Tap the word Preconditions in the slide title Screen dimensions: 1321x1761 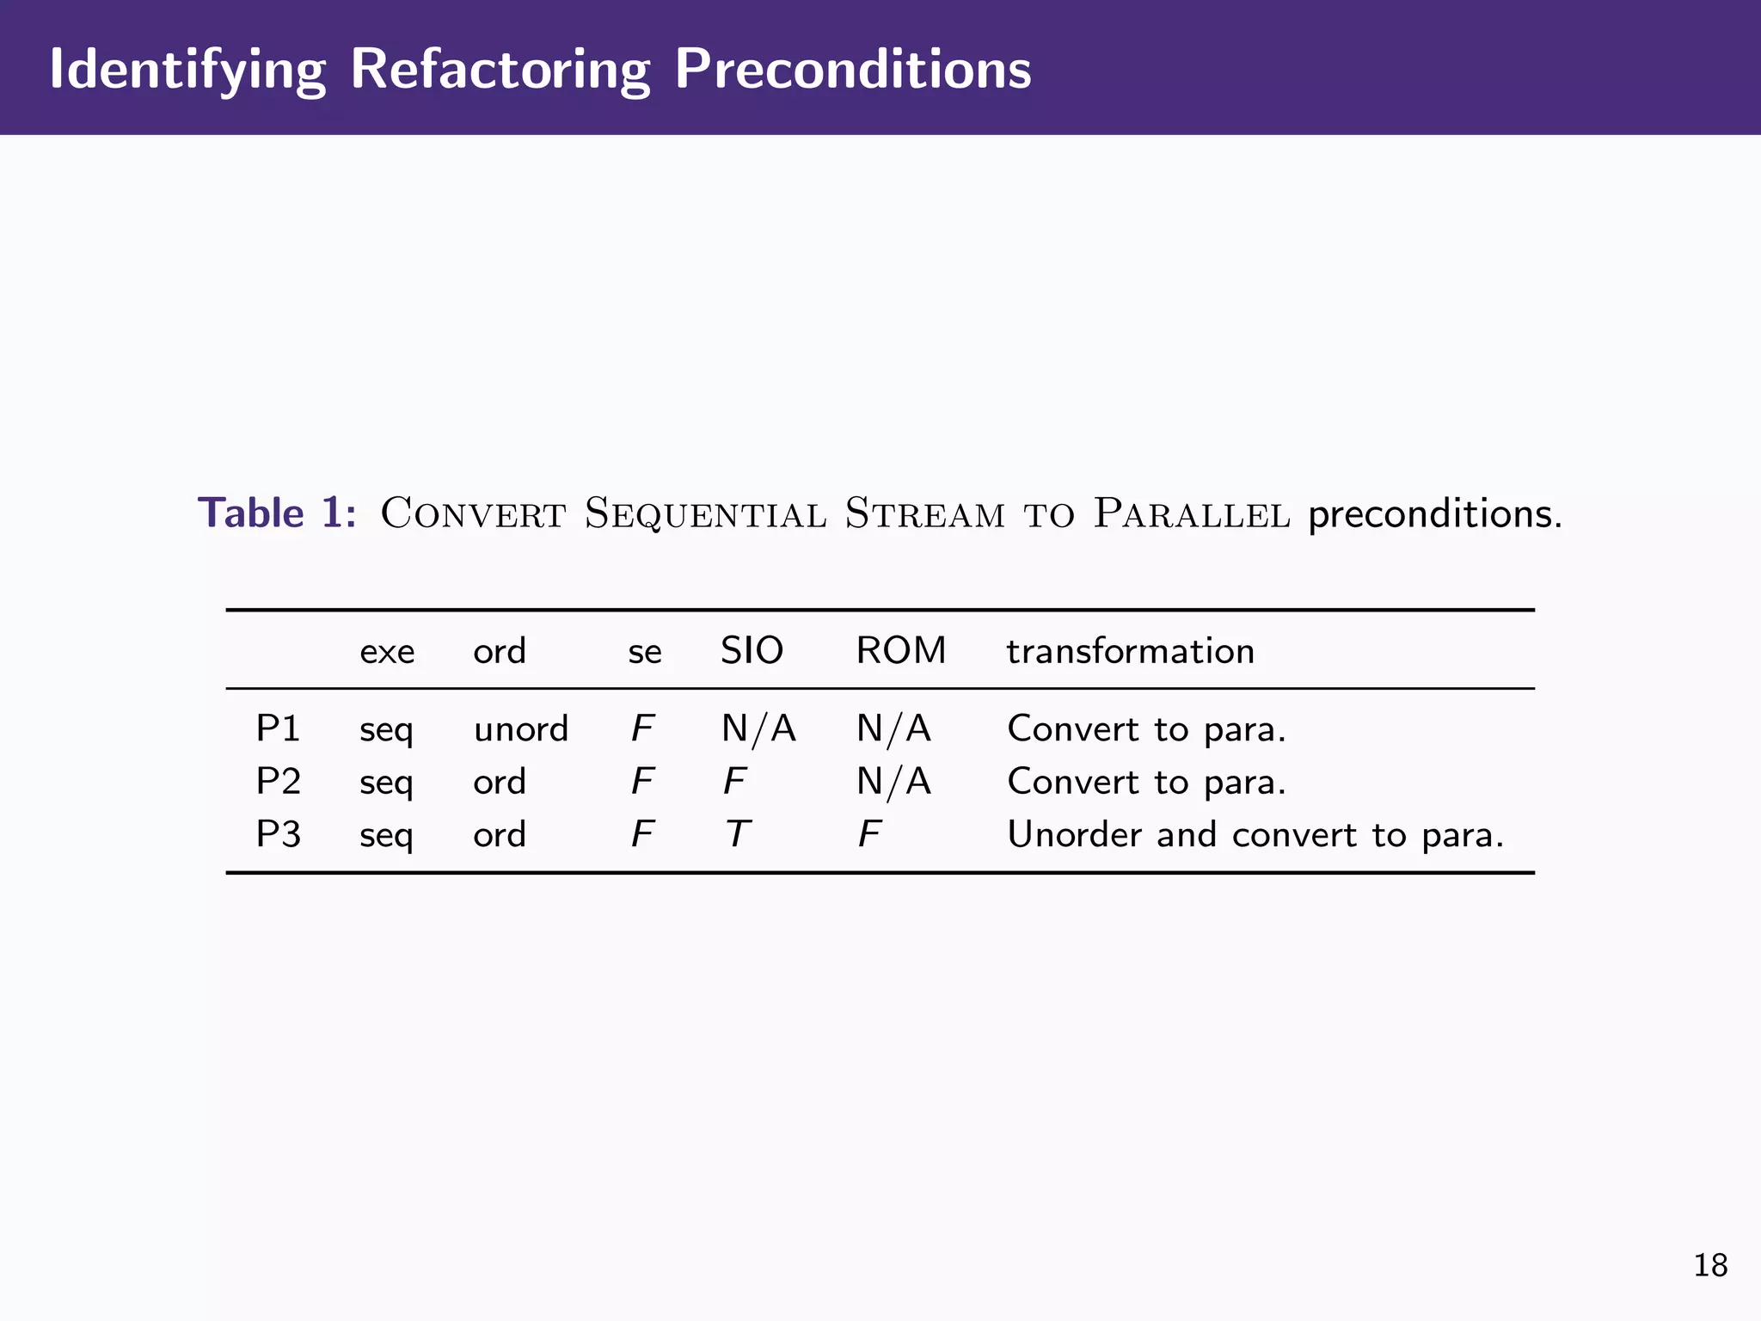[x=852, y=69]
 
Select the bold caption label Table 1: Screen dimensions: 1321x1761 [x=277, y=513]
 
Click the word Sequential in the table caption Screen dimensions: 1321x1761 [x=705, y=513]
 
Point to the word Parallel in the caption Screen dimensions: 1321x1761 [x=1192, y=513]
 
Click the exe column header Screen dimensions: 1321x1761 [x=387, y=652]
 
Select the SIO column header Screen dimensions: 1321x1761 [x=752, y=650]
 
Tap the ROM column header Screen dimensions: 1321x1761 [x=900, y=650]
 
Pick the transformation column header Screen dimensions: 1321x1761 [x=1130, y=651]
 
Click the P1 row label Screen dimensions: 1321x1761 [x=278, y=728]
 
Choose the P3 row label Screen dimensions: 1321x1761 [x=278, y=834]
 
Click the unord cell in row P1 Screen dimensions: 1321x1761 [x=521, y=729]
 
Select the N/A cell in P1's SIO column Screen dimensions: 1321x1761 [x=758, y=728]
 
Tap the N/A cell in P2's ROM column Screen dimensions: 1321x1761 [x=893, y=781]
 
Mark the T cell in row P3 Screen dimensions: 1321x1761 [x=737, y=834]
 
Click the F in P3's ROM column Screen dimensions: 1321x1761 [x=869, y=834]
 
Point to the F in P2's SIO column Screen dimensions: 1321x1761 [x=733, y=781]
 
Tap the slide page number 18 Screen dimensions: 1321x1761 [x=1710, y=1266]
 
